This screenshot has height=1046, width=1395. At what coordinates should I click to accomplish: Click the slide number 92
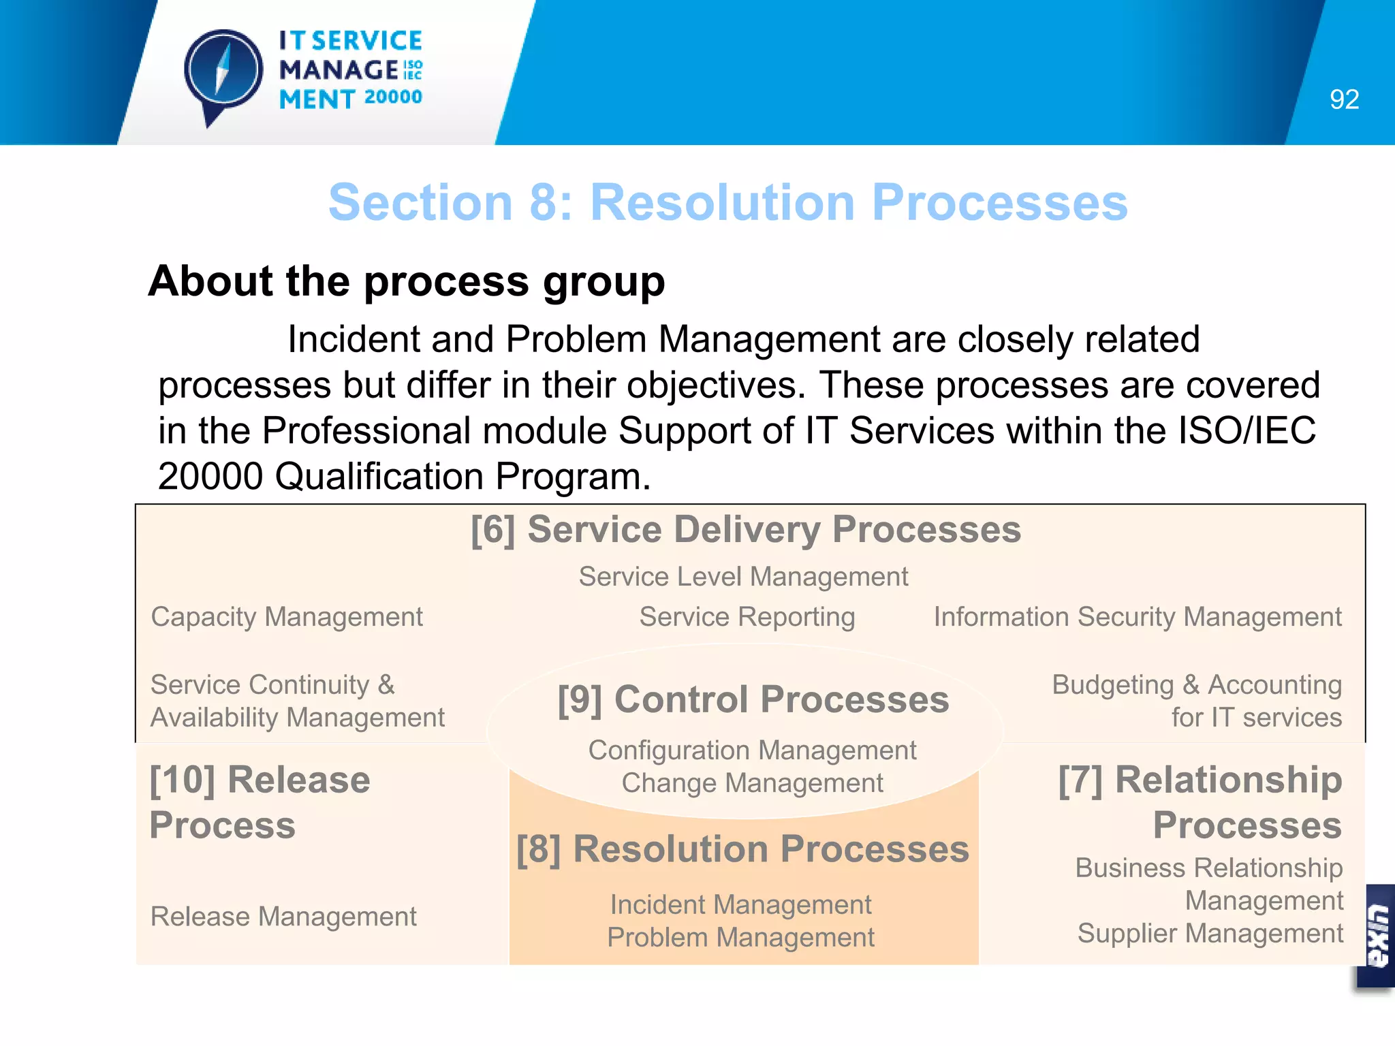pyautogui.click(x=1343, y=100)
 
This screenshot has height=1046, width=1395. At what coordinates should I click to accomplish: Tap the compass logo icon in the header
pyautogui.click(x=223, y=72)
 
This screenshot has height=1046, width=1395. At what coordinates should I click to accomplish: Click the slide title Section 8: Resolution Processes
pyautogui.click(x=727, y=203)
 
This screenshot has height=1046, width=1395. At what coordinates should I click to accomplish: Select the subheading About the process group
pyautogui.click(x=407, y=281)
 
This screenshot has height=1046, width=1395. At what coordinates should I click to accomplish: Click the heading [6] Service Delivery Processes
pyautogui.click(x=745, y=530)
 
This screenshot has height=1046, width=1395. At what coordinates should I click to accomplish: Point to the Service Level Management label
pyautogui.click(x=743, y=577)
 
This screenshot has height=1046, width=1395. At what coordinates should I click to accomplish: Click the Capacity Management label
pyautogui.click(x=287, y=617)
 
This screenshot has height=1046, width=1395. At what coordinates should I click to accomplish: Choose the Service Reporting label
pyautogui.click(x=747, y=617)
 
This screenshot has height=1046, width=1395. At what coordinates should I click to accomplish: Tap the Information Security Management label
pyautogui.click(x=1137, y=617)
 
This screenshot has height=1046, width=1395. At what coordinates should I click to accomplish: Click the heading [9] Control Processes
pyautogui.click(x=753, y=699)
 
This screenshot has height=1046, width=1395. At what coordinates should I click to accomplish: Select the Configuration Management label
pyautogui.click(x=752, y=750)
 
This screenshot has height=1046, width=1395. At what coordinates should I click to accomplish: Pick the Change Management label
pyautogui.click(x=752, y=783)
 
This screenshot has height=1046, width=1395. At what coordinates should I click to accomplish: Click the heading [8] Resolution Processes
pyautogui.click(x=742, y=849)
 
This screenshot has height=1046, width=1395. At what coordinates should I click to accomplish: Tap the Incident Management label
pyautogui.click(x=740, y=905)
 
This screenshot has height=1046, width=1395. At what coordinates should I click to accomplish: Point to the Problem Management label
pyautogui.click(x=740, y=938)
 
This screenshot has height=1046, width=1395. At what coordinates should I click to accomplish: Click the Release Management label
pyautogui.click(x=283, y=917)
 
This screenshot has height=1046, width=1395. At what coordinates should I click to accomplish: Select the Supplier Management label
pyautogui.click(x=1210, y=934)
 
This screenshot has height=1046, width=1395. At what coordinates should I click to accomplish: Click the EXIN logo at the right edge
pyautogui.click(x=1377, y=936)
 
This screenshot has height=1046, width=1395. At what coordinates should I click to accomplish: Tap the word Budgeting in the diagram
pyautogui.click(x=1112, y=685)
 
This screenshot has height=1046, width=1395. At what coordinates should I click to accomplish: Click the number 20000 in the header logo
pyautogui.click(x=393, y=97)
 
